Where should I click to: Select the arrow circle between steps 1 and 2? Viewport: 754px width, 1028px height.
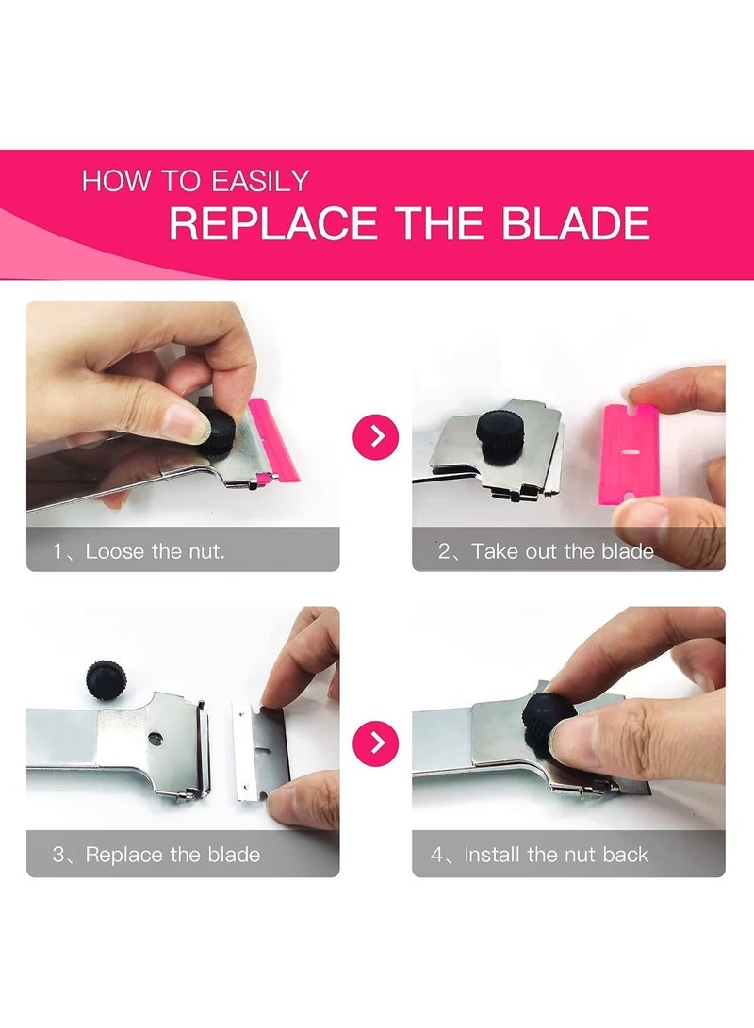pyautogui.click(x=376, y=436)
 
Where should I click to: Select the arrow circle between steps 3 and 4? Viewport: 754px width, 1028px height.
pyautogui.click(x=376, y=742)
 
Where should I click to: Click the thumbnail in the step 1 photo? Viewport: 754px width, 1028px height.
pyautogui.click(x=188, y=423)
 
